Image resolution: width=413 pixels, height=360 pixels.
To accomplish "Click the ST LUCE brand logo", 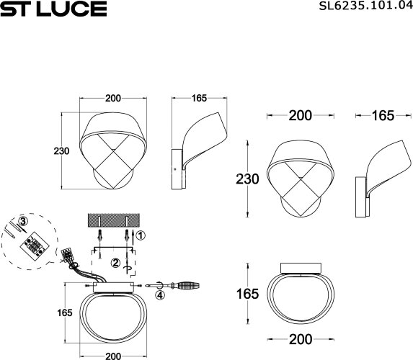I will coord(53,9).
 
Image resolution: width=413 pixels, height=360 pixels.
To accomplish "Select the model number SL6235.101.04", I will coord(360,9).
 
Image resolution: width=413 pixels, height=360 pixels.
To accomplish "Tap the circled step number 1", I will coord(141,235).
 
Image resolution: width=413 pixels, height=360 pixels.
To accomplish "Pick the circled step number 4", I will coord(160,294).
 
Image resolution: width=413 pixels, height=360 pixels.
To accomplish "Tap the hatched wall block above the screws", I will coord(111,219).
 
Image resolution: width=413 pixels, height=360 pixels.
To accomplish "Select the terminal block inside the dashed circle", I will coord(30,243).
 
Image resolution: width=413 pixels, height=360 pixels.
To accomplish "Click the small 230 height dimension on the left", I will coord(61,151).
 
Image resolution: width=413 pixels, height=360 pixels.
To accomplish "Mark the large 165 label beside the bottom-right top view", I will coord(247,294).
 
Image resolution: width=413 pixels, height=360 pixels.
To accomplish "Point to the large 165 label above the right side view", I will coord(383,115).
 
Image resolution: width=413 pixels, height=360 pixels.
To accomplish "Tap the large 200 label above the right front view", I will coord(299,115).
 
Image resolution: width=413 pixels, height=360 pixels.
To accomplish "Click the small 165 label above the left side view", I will coord(200,98).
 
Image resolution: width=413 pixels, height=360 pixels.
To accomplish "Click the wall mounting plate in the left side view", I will coord(176,168).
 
